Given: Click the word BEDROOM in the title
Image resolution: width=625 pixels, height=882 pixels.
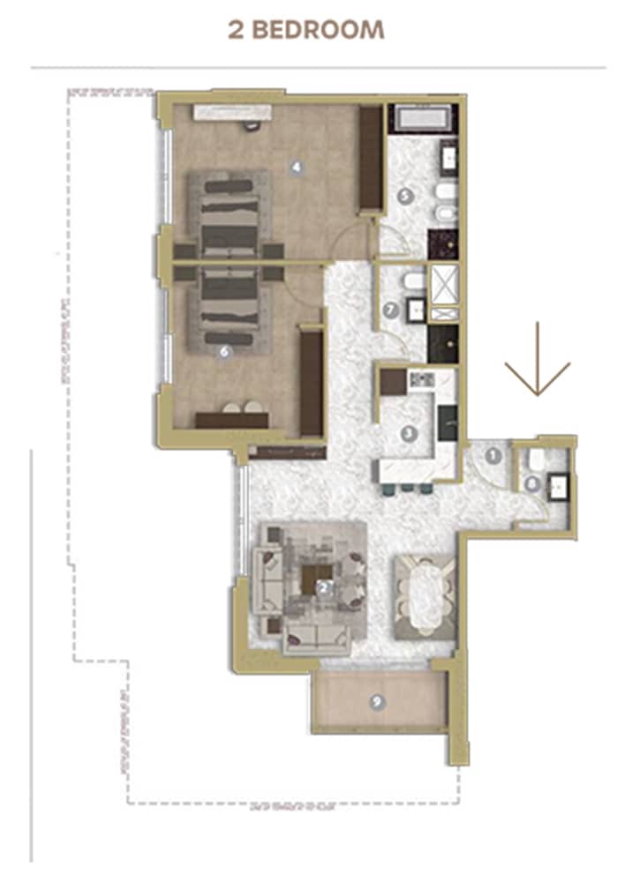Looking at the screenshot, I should (x=319, y=29).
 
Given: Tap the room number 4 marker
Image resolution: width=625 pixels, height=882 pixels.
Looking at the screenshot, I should (x=297, y=164).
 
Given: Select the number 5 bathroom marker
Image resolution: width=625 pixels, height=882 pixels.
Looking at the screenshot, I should (x=405, y=198).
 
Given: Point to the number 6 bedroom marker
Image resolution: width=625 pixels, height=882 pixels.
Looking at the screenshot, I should (x=223, y=351).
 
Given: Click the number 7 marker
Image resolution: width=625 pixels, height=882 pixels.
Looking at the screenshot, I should (x=391, y=309).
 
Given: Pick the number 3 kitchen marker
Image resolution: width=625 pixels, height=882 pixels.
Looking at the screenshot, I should (x=408, y=433).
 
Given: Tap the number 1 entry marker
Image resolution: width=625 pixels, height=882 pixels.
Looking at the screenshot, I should (x=493, y=456).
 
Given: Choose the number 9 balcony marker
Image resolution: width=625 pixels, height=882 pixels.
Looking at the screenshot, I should (x=378, y=702).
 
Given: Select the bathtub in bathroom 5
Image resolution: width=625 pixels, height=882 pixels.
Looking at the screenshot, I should (x=423, y=118).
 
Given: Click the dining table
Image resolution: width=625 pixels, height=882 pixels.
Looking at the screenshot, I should (x=425, y=595).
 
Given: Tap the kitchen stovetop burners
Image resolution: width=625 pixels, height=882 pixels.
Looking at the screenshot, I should (x=421, y=380).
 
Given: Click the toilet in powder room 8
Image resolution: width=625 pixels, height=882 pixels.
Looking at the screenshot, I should (x=536, y=460).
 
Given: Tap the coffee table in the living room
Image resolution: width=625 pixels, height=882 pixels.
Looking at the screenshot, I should (x=314, y=579).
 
